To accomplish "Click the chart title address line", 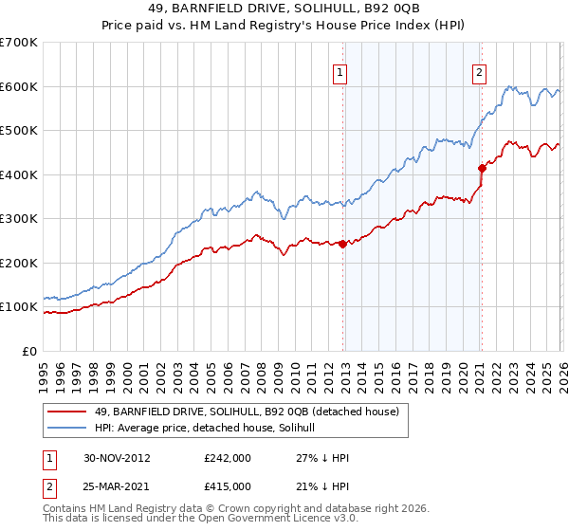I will tap(284, 9).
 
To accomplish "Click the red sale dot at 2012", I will tap(343, 244).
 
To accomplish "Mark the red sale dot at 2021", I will tap(482, 168).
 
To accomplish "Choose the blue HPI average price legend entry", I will tap(211, 429).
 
